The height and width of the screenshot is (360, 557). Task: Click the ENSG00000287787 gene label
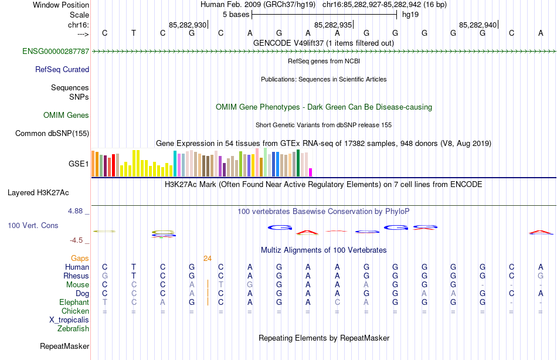point(56,52)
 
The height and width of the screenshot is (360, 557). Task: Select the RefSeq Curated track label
point(62,69)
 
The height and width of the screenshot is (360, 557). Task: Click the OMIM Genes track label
point(66,116)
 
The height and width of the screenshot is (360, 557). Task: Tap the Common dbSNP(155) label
point(52,134)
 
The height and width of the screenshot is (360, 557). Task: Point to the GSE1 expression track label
point(79,164)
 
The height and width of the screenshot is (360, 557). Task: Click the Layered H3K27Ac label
point(38,192)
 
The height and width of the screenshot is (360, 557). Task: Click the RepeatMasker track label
point(64,347)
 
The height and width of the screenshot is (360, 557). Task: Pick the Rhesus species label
point(77,276)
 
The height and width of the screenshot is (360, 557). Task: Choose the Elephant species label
point(74,302)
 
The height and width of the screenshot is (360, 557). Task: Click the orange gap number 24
point(208,258)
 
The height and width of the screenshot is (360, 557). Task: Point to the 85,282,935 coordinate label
point(333,25)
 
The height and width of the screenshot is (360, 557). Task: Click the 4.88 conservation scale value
point(77,210)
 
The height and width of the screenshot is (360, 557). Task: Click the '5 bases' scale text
point(236,14)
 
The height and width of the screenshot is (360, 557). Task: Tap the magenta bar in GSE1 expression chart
point(311,172)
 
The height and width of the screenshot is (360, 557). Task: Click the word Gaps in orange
point(80,258)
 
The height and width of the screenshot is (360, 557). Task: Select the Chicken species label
point(76,311)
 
